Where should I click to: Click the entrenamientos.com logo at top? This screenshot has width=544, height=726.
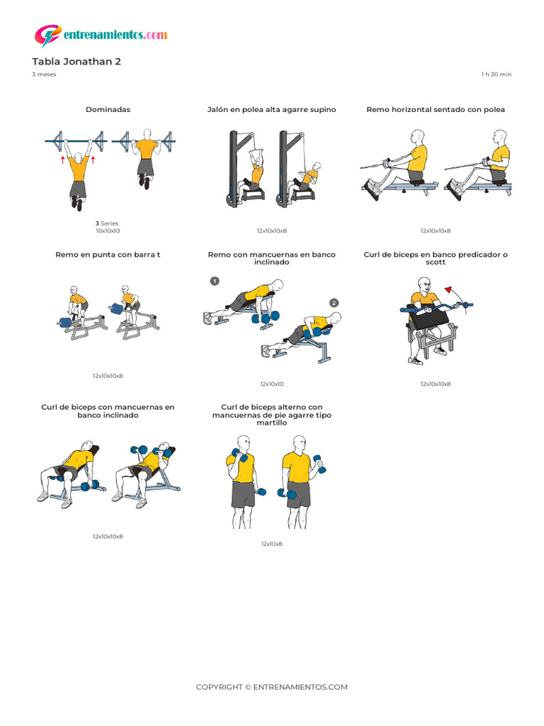101,35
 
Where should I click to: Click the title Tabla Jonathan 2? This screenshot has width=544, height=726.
76,62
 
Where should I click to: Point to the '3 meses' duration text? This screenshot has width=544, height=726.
44,74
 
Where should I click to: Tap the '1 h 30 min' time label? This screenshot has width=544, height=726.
496,74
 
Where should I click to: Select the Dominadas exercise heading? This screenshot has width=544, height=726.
108,110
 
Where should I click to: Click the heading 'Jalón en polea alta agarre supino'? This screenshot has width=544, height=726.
271,110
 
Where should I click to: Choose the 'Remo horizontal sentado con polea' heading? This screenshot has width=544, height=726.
436,110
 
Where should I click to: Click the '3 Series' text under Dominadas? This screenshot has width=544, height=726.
108,223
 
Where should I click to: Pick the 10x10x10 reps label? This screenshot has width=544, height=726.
108,231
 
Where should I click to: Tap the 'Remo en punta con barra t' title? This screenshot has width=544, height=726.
108,255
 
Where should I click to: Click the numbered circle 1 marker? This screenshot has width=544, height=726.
215,281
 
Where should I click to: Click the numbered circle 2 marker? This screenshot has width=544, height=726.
334,303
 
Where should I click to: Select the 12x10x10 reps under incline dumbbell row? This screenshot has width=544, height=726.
271,384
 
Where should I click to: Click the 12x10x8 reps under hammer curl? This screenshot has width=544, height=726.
271,544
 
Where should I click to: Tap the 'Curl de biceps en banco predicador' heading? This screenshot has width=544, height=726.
436,258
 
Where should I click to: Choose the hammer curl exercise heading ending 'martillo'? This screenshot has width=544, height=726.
271,415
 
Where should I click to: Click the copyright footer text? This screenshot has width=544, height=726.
271,687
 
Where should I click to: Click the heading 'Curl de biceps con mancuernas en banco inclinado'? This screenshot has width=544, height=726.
108,411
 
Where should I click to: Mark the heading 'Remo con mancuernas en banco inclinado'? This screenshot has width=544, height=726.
271,258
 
